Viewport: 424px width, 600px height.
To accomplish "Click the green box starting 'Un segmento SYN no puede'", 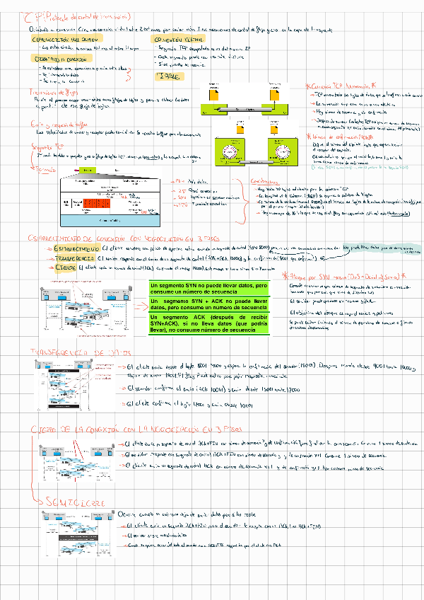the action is point(218,289).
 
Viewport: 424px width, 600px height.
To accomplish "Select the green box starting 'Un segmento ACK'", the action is point(218,324).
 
